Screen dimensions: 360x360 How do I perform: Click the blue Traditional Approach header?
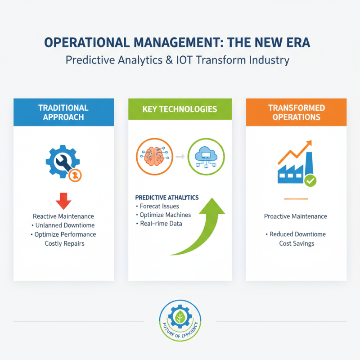(x=63, y=112)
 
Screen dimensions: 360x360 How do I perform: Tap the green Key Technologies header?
(x=180, y=109)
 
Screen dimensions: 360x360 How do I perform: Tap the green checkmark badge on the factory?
(x=310, y=181)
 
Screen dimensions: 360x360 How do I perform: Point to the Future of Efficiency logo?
(x=180, y=321)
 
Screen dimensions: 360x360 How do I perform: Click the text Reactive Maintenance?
(x=63, y=216)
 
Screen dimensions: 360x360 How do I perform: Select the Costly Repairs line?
(x=64, y=243)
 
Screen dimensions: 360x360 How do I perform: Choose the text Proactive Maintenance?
(x=296, y=216)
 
